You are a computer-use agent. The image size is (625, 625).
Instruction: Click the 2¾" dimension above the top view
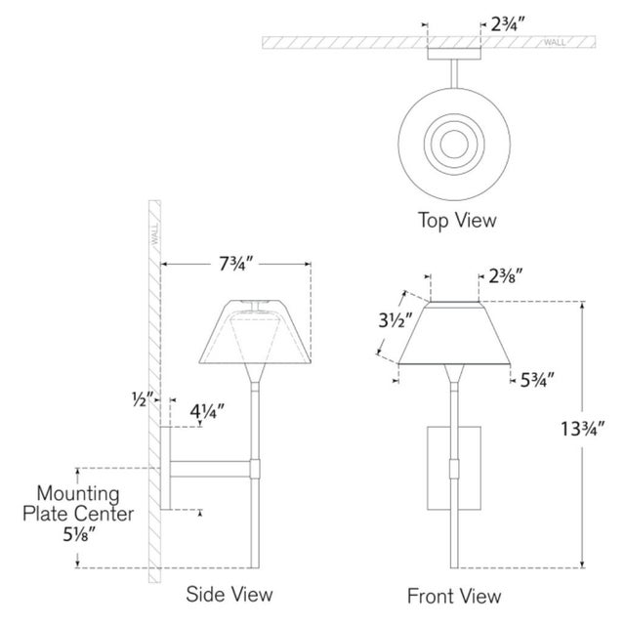(506, 24)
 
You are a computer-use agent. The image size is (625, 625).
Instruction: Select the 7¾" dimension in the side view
(236, 264)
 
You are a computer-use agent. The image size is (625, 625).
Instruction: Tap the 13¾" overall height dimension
(582, 429)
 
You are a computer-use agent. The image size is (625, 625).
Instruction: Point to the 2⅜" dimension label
(506, 275)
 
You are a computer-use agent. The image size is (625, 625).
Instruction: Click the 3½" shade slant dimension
(395, 320)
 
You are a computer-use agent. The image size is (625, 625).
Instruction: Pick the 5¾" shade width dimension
(537, 380)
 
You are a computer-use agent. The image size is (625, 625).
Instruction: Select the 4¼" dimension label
(207, 411)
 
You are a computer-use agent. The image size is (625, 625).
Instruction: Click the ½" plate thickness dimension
(143, 399)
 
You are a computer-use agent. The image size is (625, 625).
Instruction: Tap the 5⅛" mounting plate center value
(79, 534)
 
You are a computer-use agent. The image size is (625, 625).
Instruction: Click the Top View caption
(457, 221)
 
